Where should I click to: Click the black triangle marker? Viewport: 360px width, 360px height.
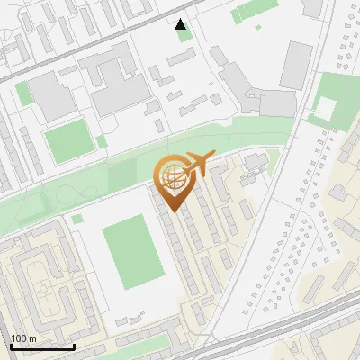181,24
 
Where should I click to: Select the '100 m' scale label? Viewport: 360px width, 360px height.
22,338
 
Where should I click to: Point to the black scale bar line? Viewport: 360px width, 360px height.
42,346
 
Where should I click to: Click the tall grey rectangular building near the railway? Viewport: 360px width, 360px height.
296,65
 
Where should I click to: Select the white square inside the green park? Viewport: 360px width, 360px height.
323,108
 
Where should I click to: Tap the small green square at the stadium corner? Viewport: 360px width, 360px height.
78,219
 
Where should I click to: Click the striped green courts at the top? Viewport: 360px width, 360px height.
247,11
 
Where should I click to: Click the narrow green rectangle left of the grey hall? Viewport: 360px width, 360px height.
23,94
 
